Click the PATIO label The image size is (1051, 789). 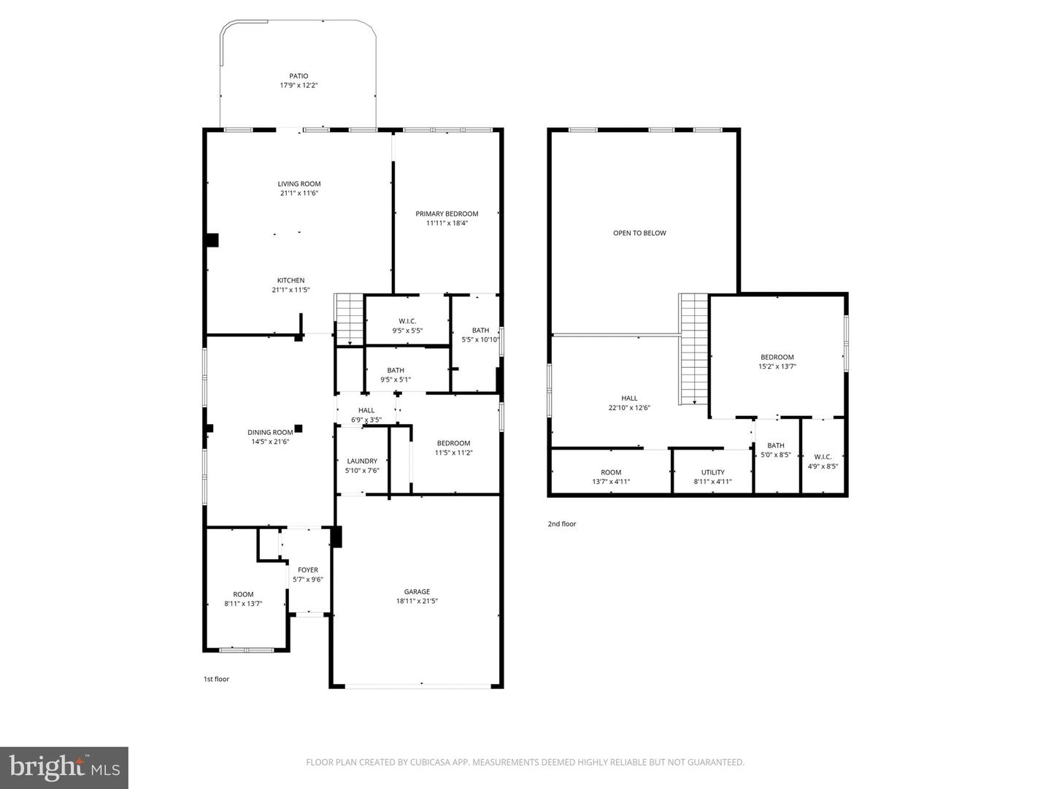pyautogui.click(x=299, y=76)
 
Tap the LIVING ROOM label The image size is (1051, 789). pyautogui.click(x=299, y=184)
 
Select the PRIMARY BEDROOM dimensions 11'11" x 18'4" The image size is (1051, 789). pyautogui.click(x=447, y=223)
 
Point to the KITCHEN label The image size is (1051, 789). pyautogui.click(x=290, y=280)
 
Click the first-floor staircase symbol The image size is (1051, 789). pyautogui.click(x=349, y=318)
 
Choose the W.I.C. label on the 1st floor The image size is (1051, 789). pyautogui.click(x=407, y=321)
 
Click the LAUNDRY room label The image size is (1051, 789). pyautogui.click(x=362, y=461)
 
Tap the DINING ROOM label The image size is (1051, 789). pyautogui.click(x=270, y=432)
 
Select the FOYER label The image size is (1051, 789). pyautogui.click(x=308, y=570)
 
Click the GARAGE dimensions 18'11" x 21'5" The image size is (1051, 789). pyautogui.click(x=417, y=601)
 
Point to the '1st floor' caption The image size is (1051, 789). pyautogui.click(x=216, y=680)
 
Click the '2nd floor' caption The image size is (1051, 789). pyautogui.click(x=562, y=524)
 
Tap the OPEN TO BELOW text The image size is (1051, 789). pyautogui.click(x=639, y=234)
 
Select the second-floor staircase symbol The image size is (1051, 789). pyautogui.click(x=694, y=348)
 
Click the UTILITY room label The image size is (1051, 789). pyautogui.click(x=713, y=472)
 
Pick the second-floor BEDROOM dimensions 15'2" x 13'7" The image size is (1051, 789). pyautogui.click(x=777, y=367)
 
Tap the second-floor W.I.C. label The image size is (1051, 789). pyautogui.click(x=823, y=457)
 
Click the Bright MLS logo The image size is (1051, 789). pyautogui.click(x=64, y=767)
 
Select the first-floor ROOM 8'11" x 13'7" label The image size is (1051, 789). pyautogui.click(x=243, y=594)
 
